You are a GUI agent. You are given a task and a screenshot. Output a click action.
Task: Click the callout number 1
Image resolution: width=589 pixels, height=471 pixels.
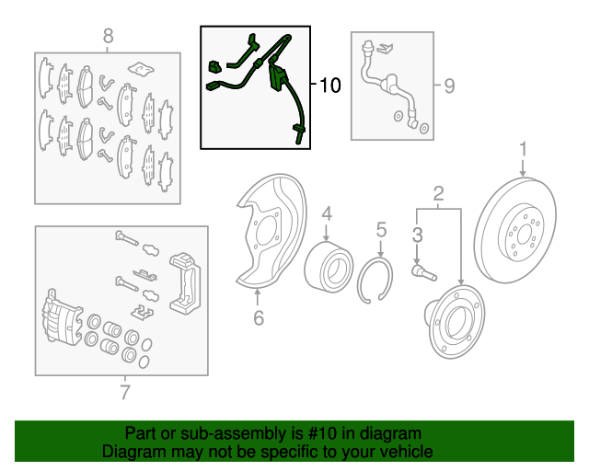[x=524, y=149]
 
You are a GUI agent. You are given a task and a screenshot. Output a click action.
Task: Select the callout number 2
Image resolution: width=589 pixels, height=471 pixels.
[x=438, y=194]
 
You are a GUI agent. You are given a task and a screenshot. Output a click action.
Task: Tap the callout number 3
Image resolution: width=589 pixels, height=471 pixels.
[x=417, y=235]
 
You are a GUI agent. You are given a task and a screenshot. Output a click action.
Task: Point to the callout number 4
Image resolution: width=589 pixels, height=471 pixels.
[x=327, y=213]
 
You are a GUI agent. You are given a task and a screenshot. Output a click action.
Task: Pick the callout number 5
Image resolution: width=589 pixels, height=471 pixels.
[x=381, y=229]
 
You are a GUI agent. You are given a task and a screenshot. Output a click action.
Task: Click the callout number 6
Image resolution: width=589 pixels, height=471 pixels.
[x=259, y=317]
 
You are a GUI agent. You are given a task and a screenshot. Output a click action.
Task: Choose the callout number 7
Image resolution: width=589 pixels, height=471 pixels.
[x=125, y=392]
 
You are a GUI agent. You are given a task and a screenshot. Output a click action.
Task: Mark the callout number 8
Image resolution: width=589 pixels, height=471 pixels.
[x=108, y=37]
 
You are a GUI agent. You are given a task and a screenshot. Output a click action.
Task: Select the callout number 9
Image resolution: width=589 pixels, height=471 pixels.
[x=449, y=86]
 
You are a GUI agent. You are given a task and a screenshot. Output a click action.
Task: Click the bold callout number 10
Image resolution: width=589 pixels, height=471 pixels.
[x=329, y=85]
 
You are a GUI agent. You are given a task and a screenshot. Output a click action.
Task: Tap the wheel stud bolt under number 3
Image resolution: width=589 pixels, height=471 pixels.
[x=424, y=273]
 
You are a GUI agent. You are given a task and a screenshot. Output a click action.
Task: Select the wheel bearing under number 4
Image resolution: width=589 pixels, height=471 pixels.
[x=329, y=268]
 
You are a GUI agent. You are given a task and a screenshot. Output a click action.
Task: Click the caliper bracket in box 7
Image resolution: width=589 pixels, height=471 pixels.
[x=185, y=282]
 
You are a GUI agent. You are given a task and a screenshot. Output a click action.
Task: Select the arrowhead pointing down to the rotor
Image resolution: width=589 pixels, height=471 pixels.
[x=523, y=174]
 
